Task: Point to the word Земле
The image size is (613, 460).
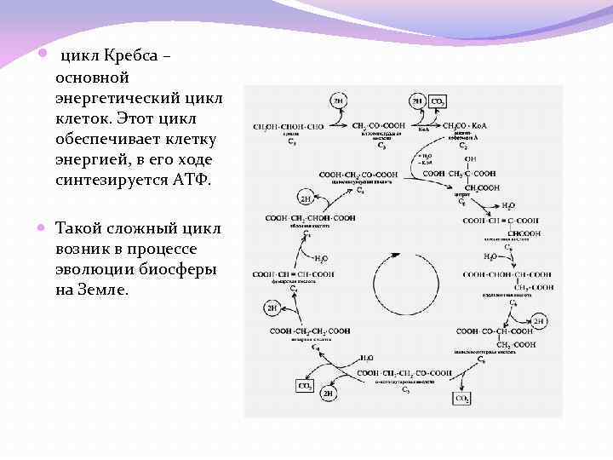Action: [x=101, y=290]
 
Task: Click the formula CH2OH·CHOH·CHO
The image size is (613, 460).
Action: [x=288, y=126]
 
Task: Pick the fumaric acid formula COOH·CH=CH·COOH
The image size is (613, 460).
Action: [x=292, y=273]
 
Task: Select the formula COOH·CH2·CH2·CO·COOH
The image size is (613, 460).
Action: [x=404, y=373]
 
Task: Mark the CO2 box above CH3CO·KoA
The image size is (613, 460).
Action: [x=438, y=101]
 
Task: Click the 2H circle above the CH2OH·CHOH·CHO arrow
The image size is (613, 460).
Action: [x=338, y=101]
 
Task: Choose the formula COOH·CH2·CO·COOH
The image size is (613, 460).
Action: [x=359, y=174]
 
